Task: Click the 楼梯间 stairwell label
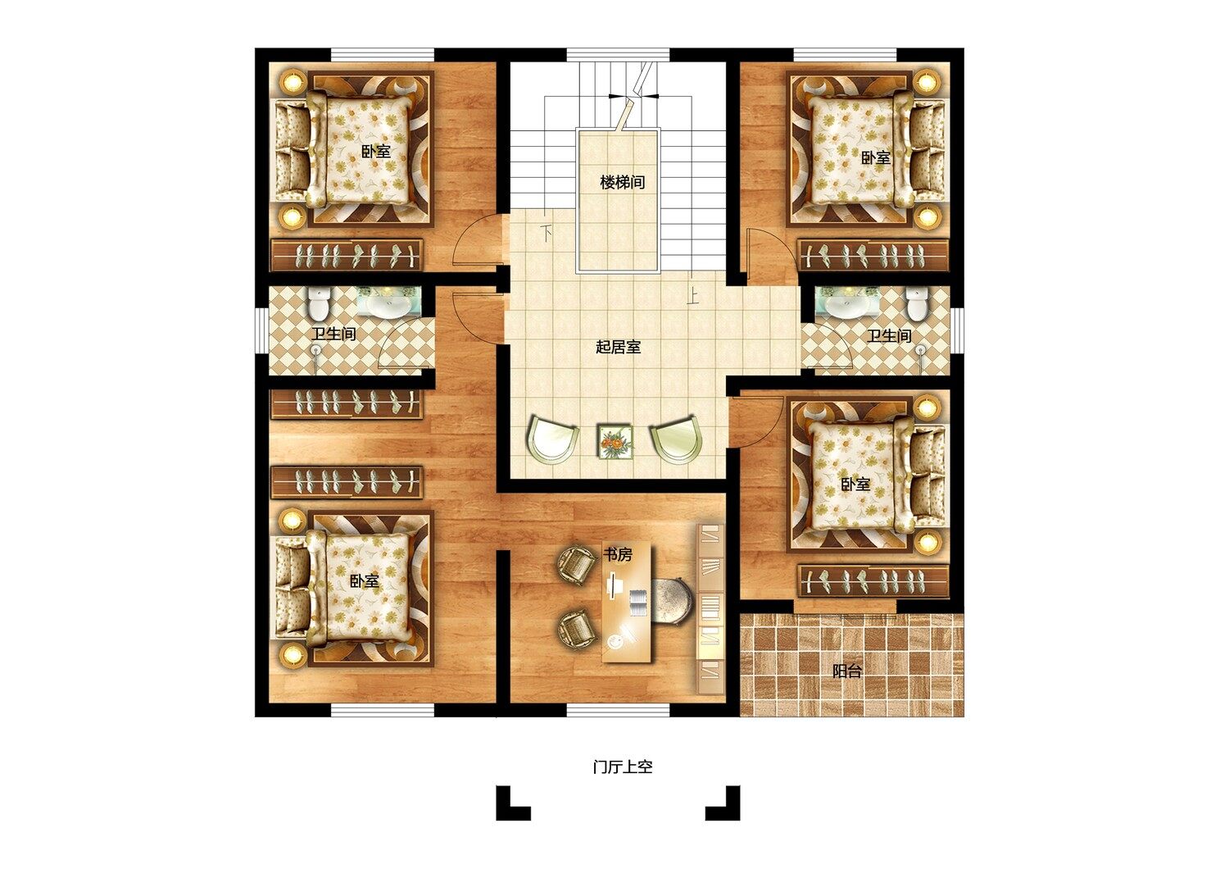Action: pyautogui.click(x=622, y=182)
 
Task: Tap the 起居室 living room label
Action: pyautogui.click(x=619, y=347)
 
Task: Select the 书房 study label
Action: pyautogui.click(x=617, y=554)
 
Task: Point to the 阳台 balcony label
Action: pyautogui.click(x=846, y=671)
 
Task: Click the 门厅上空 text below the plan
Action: pyautogui.click(x=623, y=767)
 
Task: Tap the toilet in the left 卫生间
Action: pyautogui.click(x=319, y=304)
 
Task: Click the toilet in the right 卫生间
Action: pyautogui.click(x=916, y=304)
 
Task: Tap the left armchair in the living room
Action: pyautogui.click(x=552, y=439)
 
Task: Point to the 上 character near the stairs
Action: pyautogui.click(x=692, y=297)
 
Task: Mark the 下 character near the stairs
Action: pyautogui.click(x=546, y=234)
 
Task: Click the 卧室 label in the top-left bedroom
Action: pyautogui.click(x=376, y=151)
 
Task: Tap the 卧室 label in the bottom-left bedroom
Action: pyautogui.click(x=365, y=580)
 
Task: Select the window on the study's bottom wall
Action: pyautogui.click(x=618, y=710)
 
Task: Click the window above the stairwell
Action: pyautogui.click(x=618, y=55)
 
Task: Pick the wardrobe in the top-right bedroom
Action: pyautogui.click(x=873, y=255)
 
